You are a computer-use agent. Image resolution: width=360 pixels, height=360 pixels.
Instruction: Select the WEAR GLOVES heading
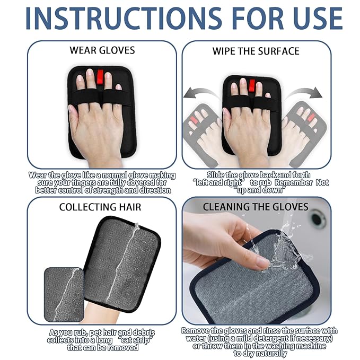[x=102, y=51]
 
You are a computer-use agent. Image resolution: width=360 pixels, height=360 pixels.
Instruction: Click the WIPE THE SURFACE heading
[x=256, y=51]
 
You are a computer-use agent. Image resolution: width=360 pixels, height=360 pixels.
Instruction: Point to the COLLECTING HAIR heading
[x=100, y=207]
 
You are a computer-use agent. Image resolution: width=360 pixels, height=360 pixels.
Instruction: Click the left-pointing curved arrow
[x=200, y=95]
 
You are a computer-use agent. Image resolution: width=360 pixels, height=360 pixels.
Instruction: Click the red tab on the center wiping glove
[x=252, y=85]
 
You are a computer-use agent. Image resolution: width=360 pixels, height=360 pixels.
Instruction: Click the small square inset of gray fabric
[x=64, y=294]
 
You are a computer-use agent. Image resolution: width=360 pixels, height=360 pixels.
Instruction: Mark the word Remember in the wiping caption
[x=293, y=183]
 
